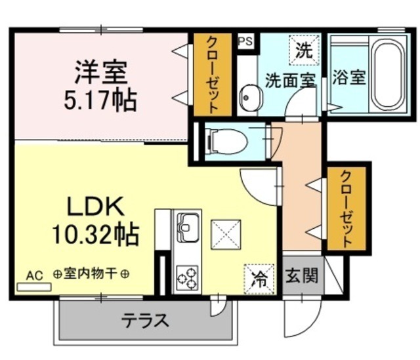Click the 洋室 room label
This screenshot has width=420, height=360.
pyautogui.click(x=100, y=71)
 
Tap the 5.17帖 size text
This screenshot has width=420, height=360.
pyautogui.click(x=100, y=100)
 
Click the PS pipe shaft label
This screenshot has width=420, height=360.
pyautogui.click(x=244, y=41)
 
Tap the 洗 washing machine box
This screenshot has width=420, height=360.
pyautogui.click(x=303, y=50)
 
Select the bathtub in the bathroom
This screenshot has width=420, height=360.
pyautogui.click(x=383, y=73)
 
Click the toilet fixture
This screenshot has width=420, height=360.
pyautogui.click(x=227, y=140)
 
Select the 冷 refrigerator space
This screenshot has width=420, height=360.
pyautogui.click(x=260, y=278)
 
